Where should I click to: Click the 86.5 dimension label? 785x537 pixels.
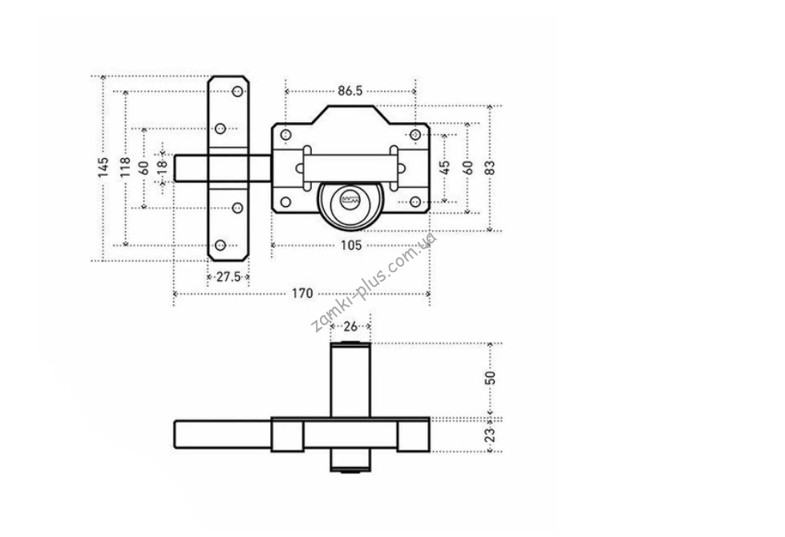click(350, 92)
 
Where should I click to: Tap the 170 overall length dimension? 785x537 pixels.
click(302, 293)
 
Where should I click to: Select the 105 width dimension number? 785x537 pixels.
click(351, 245)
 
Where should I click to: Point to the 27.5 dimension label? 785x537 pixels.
click(229, 277)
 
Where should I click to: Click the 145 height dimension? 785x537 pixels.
click(103, 168)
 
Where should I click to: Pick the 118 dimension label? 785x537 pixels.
click(125, 168)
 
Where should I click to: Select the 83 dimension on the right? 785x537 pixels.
click(491, 168)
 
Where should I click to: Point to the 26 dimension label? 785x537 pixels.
click(350, 327)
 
